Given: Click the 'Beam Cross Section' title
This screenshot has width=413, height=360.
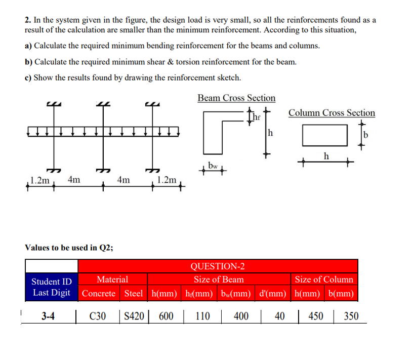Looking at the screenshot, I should pos(236,98).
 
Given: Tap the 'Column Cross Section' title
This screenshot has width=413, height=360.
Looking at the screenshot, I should pos(332,113).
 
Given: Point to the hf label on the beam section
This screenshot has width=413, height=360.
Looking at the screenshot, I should pos(258,118).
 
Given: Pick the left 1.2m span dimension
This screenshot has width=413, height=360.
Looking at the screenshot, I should pos(40,180).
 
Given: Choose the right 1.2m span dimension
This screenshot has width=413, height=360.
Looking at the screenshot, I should pos(167,180).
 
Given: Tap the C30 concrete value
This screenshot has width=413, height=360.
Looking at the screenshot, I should pos(98,316).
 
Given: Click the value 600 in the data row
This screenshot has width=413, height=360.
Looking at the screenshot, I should pos(166,316).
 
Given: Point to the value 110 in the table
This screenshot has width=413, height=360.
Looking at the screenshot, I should pos(202,316).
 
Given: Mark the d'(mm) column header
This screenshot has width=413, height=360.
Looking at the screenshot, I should pos(272,293).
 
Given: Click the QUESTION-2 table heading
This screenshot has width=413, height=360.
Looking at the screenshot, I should pos(217,266).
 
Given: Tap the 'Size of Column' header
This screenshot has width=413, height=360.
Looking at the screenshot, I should pos(324,279).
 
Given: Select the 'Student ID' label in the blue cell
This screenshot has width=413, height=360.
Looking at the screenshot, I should pos(52,282).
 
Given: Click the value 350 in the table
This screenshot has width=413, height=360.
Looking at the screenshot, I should pos(351,316).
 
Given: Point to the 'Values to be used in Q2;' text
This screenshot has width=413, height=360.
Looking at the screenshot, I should pos(69,248).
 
